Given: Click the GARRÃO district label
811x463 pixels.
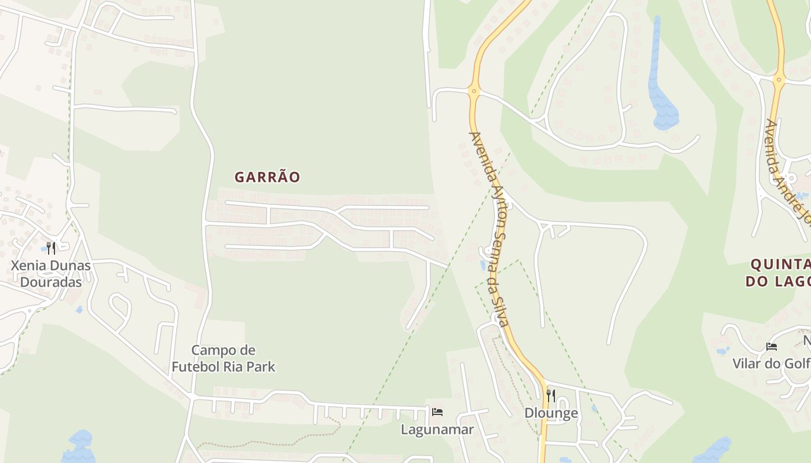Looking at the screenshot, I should pyautogui.click(x=267, y=177).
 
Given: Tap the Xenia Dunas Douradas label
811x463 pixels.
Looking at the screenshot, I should pyautogui.click(x=52, y=274).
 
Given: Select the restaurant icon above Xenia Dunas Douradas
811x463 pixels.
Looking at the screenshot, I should pyautogui.click(x=51, y=248).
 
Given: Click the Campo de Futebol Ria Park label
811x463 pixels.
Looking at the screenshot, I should pyautogui.click(x=223, y=358).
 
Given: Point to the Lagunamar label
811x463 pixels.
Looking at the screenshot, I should pyautogui.click(x=437, y=429).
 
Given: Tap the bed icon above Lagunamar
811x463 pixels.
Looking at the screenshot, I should pyautogui.click(x=437, y=412).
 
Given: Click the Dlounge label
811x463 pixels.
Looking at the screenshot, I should pyautogui.click(x=551, y=413).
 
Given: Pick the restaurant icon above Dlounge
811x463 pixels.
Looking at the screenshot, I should pyautogui.click(x=551, y=396).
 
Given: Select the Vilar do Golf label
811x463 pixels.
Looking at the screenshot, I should pyautogui.click(x=771, y=363).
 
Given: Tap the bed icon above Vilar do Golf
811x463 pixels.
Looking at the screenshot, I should pyautogui.click(x=771, y=347).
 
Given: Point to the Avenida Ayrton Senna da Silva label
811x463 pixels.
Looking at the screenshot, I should pyautogui.click(x=489, y=229).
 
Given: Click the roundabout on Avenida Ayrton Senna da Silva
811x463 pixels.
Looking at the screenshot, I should pyautogui.click(x=474, y=91).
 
